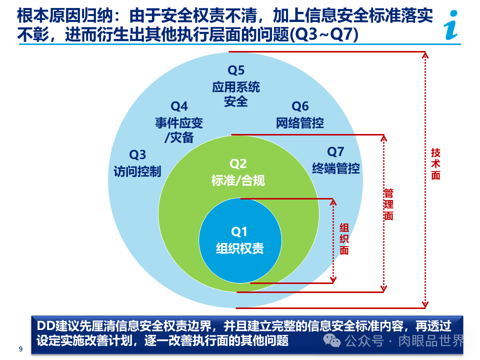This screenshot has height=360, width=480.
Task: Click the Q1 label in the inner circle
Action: tap(239, 231)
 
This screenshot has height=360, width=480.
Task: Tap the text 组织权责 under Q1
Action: tap(239, 248)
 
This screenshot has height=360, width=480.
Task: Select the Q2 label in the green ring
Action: tap(238, 163)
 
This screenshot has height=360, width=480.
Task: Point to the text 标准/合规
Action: tap(238, 180)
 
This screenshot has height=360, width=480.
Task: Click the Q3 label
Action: tap(137, 154)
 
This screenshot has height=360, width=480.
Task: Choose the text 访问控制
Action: tap(137, 171)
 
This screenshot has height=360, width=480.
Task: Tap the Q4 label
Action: tap(179, 106)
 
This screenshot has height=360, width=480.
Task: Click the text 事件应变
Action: tap(179, 122)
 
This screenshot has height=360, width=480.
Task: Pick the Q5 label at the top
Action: tap(236, 70)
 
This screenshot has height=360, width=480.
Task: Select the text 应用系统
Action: tap(236, 87)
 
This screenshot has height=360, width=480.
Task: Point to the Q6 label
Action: tap(300, 106)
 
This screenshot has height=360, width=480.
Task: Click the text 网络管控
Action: tap(300, 122)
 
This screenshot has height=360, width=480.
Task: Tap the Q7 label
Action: tap(335, 151)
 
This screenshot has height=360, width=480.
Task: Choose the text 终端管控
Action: tap(335, 168)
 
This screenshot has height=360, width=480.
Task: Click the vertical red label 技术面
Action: tap(436, 164)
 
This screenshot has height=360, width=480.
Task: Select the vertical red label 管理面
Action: tap(388, 204)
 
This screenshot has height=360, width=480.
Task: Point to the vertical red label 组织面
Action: tap(344, 239)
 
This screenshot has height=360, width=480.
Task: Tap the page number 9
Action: tap(20, 349)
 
